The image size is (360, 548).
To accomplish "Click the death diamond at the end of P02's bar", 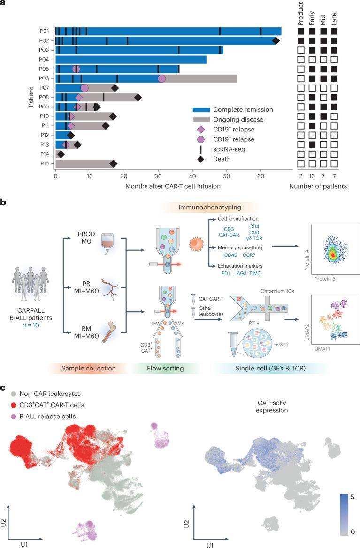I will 276,41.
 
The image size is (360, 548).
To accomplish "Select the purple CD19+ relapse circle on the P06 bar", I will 162,78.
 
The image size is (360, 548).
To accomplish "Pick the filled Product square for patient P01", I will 301,31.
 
